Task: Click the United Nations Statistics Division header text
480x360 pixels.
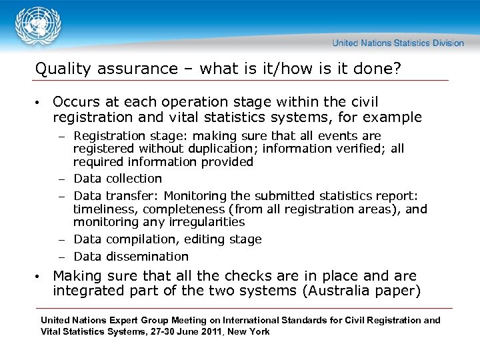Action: pyautogui.click(x=398, y=43)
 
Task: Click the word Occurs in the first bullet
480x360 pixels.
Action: pyautogui.click(x=75, y=102)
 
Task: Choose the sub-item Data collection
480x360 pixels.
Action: pyautogui.click(x=117, y=179)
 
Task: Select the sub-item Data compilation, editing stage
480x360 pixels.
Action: pyautogui.click(x=167, y=239)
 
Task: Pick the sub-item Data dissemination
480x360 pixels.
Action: pyautogui.click(x=131, y=257)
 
